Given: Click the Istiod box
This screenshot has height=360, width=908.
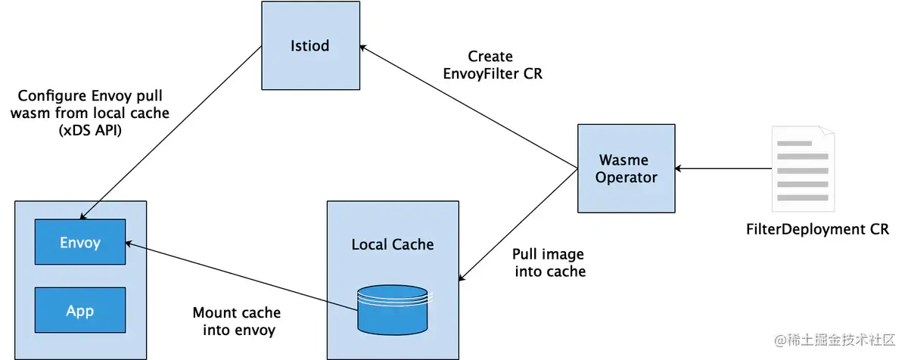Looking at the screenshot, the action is [310, 45].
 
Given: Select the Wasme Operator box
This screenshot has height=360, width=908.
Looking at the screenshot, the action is [627, 169].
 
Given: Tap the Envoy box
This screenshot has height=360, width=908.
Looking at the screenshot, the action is [80, 242].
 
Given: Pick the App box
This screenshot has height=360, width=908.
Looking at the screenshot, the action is [80, 310].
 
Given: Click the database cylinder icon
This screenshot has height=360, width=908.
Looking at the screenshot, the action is [393, 310].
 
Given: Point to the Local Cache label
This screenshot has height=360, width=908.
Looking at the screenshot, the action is [393, 244].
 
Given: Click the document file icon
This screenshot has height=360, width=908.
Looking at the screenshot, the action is [803, 169].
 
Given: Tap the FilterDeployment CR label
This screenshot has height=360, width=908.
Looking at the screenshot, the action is [817, 229].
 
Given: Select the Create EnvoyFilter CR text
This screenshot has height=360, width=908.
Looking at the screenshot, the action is [492, 65].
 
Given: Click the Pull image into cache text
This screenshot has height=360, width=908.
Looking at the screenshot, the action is [549, 262].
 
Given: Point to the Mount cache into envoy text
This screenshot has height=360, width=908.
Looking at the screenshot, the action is [237, 321].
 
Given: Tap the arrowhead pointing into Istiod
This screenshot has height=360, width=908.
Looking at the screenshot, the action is [363, 48].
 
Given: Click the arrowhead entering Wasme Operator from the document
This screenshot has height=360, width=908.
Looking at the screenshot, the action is [679, 169].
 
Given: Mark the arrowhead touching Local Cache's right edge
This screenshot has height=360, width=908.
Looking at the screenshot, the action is [462, 277].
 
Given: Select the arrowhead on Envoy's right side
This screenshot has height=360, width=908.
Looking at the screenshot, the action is [129, 244].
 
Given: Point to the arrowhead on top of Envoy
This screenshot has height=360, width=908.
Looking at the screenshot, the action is [83, 216].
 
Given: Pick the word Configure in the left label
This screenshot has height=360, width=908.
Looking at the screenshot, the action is [52, 96].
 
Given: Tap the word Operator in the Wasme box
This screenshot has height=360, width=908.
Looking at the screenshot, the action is [627, 178].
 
